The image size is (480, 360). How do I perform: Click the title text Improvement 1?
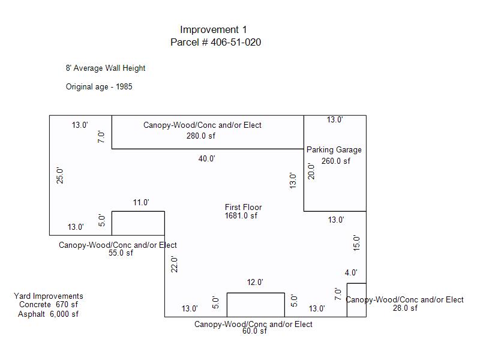pos(213,29)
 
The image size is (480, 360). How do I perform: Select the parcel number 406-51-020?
pos(236,42)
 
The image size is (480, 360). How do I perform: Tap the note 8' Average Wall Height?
pos(106,68)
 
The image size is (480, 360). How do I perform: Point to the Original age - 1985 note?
pos(99,86)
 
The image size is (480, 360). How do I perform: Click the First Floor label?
pos(243,207)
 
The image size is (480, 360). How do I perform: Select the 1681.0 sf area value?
pos(241,215)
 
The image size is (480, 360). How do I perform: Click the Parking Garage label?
pos(334,149)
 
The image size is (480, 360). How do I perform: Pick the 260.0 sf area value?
pos(336,161)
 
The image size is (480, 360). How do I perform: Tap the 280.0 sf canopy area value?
pos(200,136)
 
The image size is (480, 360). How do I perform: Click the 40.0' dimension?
pos(206,158)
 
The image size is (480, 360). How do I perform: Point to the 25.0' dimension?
pos(60,175)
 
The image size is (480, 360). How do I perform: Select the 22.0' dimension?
pos(175,264)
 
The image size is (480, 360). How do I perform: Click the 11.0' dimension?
pos(141,203)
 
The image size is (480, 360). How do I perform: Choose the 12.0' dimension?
pos(255,282)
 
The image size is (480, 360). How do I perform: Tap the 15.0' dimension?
pos(356,242)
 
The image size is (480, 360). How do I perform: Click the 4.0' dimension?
pos(351,273)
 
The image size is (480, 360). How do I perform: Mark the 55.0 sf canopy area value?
pos(121,253)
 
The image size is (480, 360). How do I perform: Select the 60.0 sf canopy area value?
pos(255,331)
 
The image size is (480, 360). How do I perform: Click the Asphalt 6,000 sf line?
pos(48,314)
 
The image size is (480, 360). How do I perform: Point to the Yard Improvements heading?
pos(49,296)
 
